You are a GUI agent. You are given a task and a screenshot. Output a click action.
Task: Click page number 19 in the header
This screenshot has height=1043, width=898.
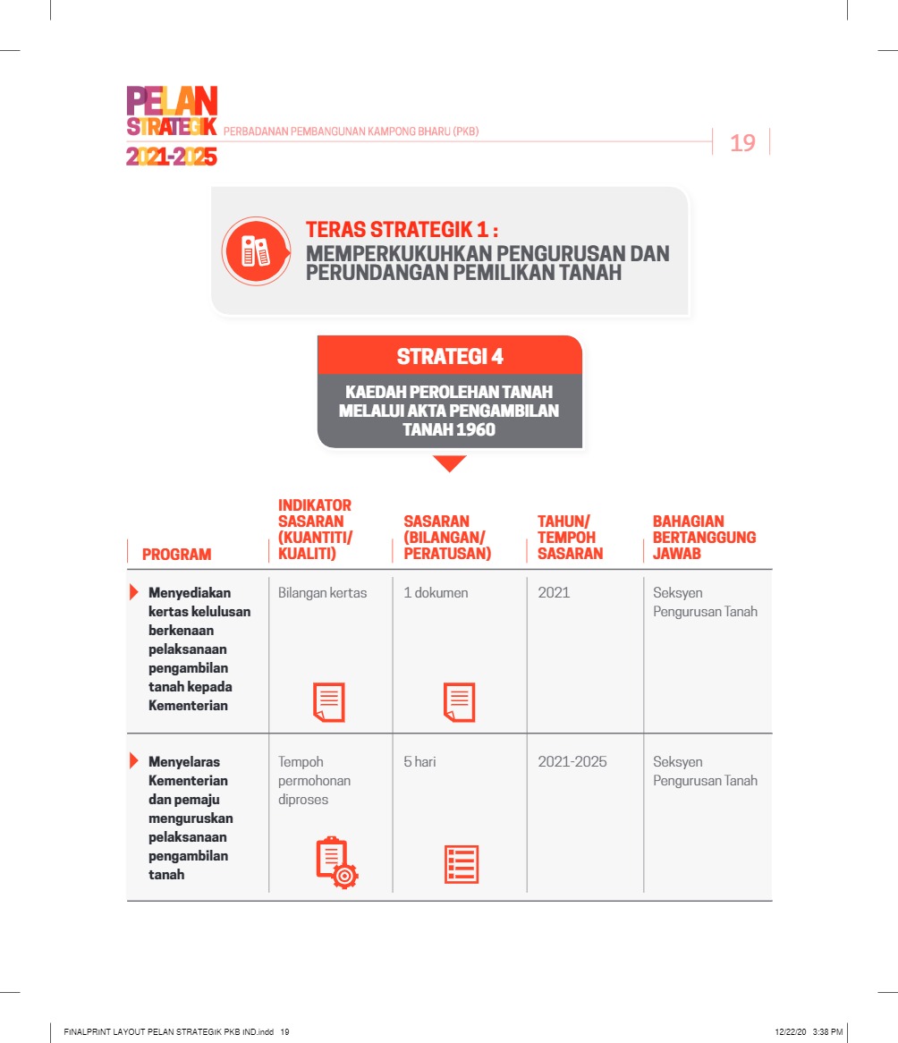point(742,142)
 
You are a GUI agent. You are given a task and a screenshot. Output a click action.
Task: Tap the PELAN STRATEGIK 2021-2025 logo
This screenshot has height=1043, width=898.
point(172,126)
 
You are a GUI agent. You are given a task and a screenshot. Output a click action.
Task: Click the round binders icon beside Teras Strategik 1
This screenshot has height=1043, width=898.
point(256,251)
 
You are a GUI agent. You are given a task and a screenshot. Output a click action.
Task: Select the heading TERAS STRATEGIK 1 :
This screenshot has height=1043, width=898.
point(402,229)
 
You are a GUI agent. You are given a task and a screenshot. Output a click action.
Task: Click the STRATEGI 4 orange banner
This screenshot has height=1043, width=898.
point(450,356)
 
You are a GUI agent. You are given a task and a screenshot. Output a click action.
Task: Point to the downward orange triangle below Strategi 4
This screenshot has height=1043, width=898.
point(449,463)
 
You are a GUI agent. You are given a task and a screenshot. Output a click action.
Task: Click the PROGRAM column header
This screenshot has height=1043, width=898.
point(177,555)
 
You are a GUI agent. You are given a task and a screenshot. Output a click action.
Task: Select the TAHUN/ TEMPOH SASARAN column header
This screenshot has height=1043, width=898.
point(571,538)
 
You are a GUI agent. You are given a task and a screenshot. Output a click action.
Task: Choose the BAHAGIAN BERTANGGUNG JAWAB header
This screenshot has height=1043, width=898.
point(704,538)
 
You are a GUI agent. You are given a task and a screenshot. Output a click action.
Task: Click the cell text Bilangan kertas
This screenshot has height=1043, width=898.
point(322,593)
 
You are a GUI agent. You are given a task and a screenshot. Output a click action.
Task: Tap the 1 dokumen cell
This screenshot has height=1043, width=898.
point(436,593)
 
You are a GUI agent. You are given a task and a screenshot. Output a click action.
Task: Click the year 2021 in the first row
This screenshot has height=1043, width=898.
point(554,593)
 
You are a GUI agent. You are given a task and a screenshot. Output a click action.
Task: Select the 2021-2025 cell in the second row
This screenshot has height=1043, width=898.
point(572,762)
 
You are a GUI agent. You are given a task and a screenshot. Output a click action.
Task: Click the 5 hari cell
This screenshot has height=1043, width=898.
point(419,762)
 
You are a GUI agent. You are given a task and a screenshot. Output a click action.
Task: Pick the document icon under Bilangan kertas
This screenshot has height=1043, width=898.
point(328,702)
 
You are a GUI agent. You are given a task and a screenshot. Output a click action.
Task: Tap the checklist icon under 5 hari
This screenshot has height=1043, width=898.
point(462,865)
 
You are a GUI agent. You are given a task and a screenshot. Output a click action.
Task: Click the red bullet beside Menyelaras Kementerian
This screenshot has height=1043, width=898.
point(134,761)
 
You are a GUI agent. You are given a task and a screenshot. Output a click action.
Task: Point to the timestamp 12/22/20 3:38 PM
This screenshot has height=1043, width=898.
point(809,1032)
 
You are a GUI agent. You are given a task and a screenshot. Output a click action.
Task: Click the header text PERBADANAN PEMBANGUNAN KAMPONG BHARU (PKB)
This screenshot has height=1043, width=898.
point(351,131)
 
